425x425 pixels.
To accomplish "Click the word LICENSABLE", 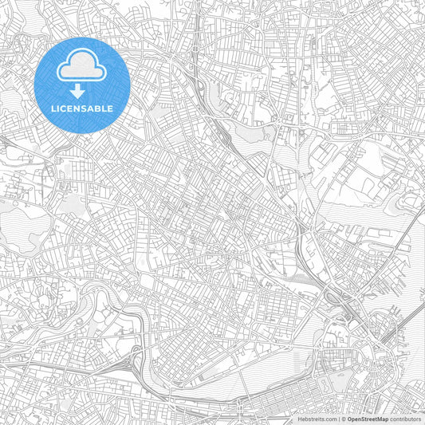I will pyautogui.click(x=82, y=108).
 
